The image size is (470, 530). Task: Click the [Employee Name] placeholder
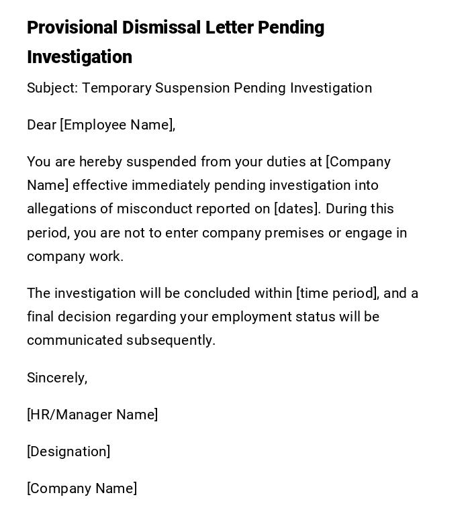[117, 125]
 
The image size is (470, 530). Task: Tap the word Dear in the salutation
[42, 125]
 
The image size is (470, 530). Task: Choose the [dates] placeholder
[296, 209]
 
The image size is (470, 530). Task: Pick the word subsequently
[171, 340]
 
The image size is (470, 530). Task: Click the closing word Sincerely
[56, 378]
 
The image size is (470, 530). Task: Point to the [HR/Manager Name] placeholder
[93, 415]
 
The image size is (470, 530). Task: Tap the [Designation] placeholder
[68, 452]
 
